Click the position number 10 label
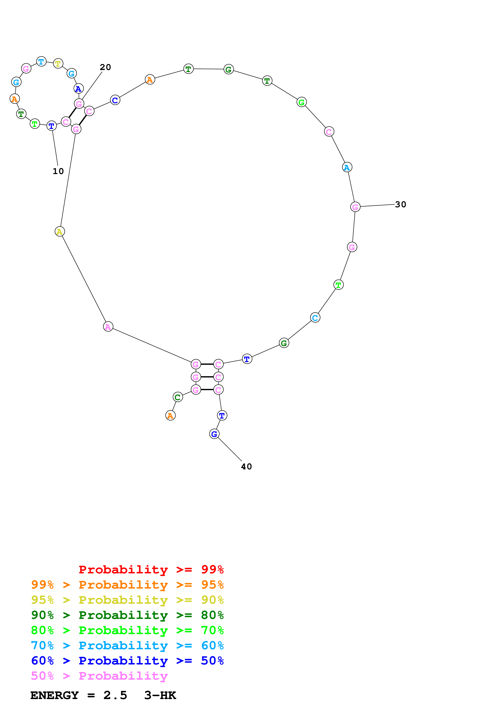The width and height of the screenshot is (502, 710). (x=58, y=171)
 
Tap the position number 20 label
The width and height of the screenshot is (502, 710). (x=105, y=67)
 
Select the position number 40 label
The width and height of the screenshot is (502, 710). (x=246, y=467)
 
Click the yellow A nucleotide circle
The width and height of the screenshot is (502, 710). (x=60, y=231)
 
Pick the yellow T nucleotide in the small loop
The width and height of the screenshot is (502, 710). (x=58, y=64)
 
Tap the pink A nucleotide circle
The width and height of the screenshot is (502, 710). (x=108, y=326)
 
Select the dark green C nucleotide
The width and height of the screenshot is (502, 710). (x=178, y=397)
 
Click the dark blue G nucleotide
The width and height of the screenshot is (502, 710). (x=214, y=434)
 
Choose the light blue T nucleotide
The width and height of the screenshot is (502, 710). (x=41, y=61)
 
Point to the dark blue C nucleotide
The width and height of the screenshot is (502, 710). (x=115, y=100)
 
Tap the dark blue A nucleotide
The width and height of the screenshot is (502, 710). (x=79, y=88)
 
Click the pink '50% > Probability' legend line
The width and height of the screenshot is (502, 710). (x=99, y=676)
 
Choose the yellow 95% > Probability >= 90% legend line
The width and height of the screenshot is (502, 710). (x=127, y=600)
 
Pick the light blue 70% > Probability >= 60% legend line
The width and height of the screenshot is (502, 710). (x=127, y=646)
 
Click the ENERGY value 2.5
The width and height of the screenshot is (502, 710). (x=115, y=695)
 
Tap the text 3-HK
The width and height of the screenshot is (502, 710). (x=160, y=695)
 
